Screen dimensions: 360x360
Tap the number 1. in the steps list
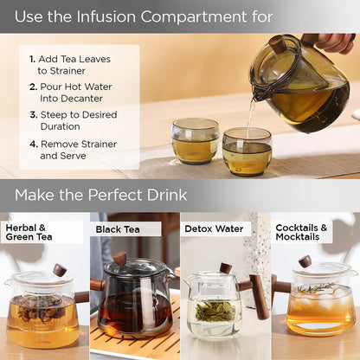coord(32,60)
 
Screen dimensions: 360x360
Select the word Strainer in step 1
coord(67,71)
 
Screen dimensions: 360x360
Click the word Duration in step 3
coord(61,126)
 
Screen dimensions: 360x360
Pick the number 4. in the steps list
coord(34,144)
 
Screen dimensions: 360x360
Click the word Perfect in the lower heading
coord(115,195)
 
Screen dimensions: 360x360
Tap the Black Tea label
coord(118,229)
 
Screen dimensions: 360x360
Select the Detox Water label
coord(214,229)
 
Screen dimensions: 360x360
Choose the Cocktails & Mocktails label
coord(301,232)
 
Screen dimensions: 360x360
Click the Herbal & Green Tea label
coord(29,232)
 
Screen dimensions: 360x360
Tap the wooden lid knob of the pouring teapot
coord(278,44)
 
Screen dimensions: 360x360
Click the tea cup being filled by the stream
coord(247,151)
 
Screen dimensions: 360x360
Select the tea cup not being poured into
coord(196,141)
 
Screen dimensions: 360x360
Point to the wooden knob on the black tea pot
coord(119,259)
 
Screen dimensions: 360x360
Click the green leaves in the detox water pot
coord(215,311)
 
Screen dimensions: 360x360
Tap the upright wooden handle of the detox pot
coord(259,297)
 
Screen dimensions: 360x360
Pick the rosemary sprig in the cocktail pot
coord(316,287)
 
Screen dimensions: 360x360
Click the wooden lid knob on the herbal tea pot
coord(60,270)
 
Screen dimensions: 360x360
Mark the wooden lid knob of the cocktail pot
coord(305,261)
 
